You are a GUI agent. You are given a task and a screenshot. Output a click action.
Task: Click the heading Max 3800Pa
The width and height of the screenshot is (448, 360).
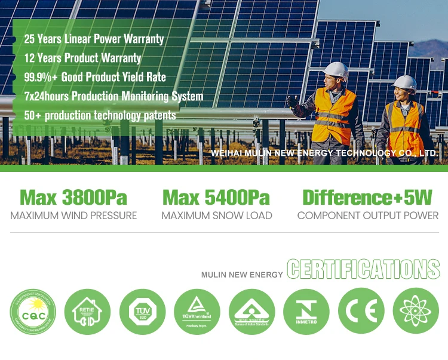click(x=73, y=198)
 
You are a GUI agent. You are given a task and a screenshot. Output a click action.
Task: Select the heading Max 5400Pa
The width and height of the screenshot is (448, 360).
click(x=216, y=198)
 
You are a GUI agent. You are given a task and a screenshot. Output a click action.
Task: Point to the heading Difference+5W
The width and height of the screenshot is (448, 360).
click(x=367, y=198)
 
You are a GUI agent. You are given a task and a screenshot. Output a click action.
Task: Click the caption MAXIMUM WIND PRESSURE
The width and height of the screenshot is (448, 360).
click(x=73, y=216)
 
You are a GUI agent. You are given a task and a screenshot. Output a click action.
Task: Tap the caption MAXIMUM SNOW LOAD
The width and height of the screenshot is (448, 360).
click(x=217, y=216)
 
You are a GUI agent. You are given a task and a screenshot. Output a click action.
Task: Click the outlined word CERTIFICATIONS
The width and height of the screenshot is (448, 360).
click(x=363, y=269)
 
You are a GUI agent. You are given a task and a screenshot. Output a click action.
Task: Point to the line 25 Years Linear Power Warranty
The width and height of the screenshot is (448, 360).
click(x=94, y=39)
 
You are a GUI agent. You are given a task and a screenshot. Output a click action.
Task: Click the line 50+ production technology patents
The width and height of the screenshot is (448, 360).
click(x=100, y=115)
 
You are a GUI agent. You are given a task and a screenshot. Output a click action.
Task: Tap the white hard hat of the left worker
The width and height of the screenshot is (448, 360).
click(x=337, y=71)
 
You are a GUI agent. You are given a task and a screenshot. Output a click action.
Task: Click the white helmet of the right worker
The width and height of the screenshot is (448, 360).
click(x=407, y=83)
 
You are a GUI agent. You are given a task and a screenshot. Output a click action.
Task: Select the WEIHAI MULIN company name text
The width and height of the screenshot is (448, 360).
click(x=324, y=153)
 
